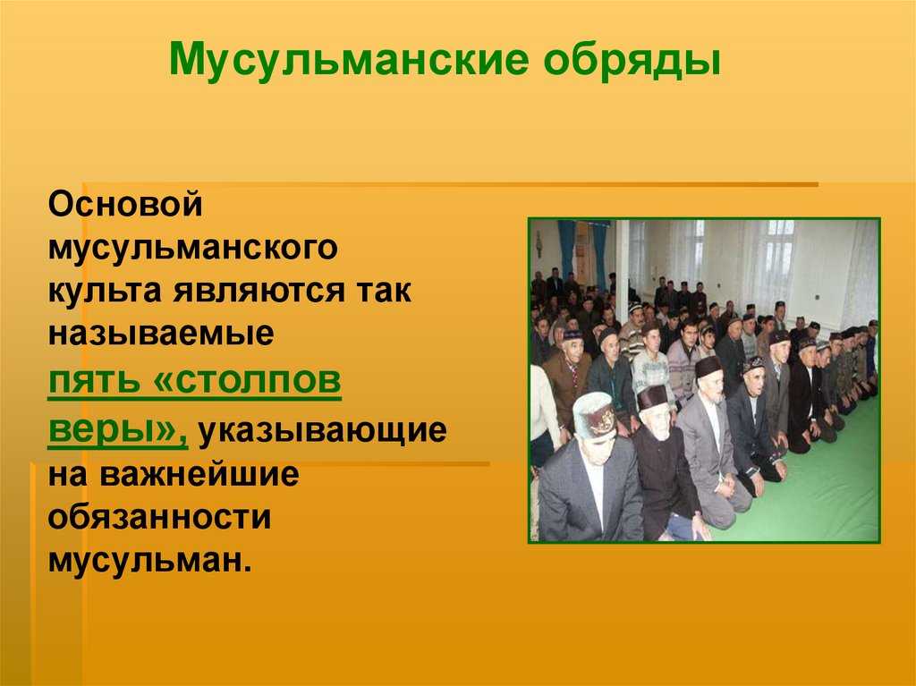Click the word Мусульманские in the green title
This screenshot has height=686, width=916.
[349, 60]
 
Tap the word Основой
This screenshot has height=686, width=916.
[125, 204]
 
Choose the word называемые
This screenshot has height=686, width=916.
[161, 334]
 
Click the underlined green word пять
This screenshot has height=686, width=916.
[95, 381]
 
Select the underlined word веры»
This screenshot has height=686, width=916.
[118, 430]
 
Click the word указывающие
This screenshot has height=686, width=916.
[322, 431]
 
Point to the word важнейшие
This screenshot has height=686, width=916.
[199, 474]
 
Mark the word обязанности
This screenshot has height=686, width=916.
[159, 517]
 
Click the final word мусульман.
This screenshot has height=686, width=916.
[149, 559]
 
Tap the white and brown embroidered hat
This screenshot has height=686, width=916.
[595, 416]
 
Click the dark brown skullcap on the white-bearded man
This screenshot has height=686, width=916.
[652, 397]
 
